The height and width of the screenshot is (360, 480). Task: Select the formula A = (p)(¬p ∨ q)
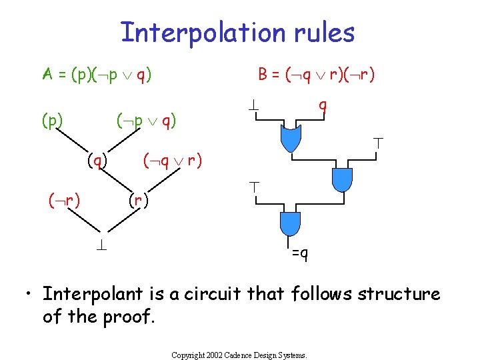tap(97, 73)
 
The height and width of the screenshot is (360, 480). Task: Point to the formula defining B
tap(316, 73)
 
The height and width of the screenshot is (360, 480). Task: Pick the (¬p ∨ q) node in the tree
tap(146, 121)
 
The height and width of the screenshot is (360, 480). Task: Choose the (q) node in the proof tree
tap(97, 160)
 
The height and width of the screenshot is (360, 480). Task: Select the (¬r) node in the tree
tap(63, 199)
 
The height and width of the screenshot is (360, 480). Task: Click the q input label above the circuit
tap(322, 105)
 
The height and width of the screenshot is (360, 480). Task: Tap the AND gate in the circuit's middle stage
tap(341, 179)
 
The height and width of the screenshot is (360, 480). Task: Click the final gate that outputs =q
tap(291, 223)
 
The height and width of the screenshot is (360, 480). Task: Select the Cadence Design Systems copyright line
tap(239, 355)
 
